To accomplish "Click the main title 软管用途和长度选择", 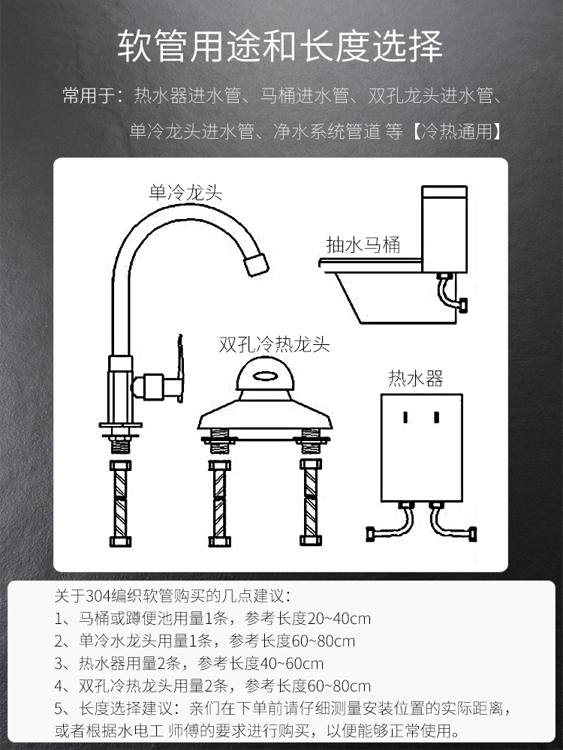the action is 281,46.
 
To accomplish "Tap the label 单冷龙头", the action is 185,193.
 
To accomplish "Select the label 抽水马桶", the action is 363,245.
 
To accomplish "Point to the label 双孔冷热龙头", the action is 274,344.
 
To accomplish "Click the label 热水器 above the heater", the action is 416,378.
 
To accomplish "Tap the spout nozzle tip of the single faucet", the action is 256,263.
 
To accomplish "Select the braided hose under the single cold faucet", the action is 120,503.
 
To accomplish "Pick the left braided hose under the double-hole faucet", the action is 219,503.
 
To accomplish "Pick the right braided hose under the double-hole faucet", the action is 311,502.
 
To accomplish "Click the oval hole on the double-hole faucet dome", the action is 265,376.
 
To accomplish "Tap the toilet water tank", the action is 444,229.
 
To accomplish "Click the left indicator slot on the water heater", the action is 405,417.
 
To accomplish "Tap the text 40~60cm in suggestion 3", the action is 291,664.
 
